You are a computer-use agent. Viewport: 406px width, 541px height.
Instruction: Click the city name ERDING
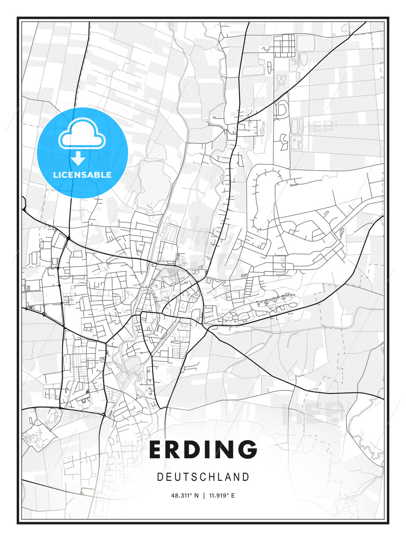pyautogui.click(x=203, y=449)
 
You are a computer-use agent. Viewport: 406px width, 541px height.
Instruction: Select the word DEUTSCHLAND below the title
pyautogui.click(x=203, y=477)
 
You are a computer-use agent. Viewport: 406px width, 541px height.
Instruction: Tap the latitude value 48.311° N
pyautogui.click(x=185, y=496)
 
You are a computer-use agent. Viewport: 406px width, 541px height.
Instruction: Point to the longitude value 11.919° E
pyautogui.click(x=222, y=496)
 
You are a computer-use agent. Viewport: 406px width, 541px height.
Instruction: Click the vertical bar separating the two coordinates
pyautogui.click(x=204, y=496)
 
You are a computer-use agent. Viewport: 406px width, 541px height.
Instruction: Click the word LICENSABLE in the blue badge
pyautogui.click(x=82, y=175)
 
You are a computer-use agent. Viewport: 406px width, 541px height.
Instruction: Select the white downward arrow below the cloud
pyautogui.click(x=79, y=159)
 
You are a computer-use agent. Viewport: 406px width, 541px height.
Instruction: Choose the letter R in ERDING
pyautogui.click(x=173, y=449)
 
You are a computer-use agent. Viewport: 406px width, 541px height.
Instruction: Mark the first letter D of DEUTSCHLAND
pyautogui.click(x=160, y=477)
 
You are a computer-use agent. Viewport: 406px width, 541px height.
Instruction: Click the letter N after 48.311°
pyautogui.click(x=196, y=496)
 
